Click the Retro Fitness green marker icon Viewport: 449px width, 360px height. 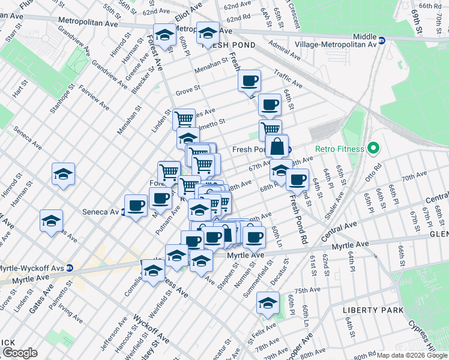(372, 148)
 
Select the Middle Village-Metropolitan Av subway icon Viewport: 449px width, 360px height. (381, 44)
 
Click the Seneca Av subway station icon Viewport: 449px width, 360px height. (123, 212)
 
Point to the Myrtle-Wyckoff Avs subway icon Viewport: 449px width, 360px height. (70, 268)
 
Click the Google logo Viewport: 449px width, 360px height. (20, 353)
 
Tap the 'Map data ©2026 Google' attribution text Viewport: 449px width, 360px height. (411, 355)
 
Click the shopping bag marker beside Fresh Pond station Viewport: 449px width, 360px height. (277, 146)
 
